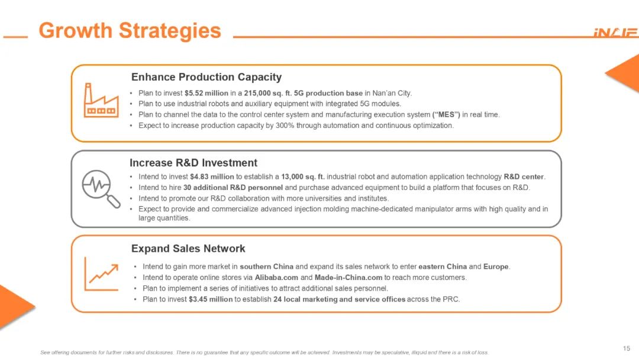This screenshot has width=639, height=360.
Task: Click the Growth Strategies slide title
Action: pyautogui.click(x=130, y=31)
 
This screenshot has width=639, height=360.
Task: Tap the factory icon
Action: pyautogui.click(x=101, y=100)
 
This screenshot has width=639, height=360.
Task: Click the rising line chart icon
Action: pyautogui.click(x=102, y=274)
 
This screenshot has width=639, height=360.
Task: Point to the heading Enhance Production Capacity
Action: pyautogui.click(x=206, y=77)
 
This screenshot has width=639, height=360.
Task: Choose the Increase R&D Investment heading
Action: pyautogui.click(x=193, y=163)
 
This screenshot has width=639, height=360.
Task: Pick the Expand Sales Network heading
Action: pyautogui.click(x=188, y=249)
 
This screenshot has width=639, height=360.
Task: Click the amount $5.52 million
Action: pyautogui.click(x=206, y=93)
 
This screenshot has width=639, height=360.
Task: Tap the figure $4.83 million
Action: pyautogui.click(x=212, y=177)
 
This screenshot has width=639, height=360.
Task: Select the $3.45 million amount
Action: pyautogui.click(x=211, y=299)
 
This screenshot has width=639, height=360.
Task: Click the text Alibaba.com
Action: pyautogui.click(x=276, y=278)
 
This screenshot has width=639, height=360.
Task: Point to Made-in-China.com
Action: pyautogui.click(x=348, y=278)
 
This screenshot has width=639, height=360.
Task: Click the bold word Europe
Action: pyautogui.click(x=496, y=266)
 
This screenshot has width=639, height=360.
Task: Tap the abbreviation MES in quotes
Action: pyautogui.click(x=446, y=115)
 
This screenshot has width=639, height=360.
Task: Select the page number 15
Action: pyautogui.click(x=627, y=348)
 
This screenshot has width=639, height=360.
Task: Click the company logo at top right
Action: pyautogui.click(x=616, y=33)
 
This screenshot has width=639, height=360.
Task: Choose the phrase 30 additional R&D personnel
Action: pyautogui.click(x=233, y=188)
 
